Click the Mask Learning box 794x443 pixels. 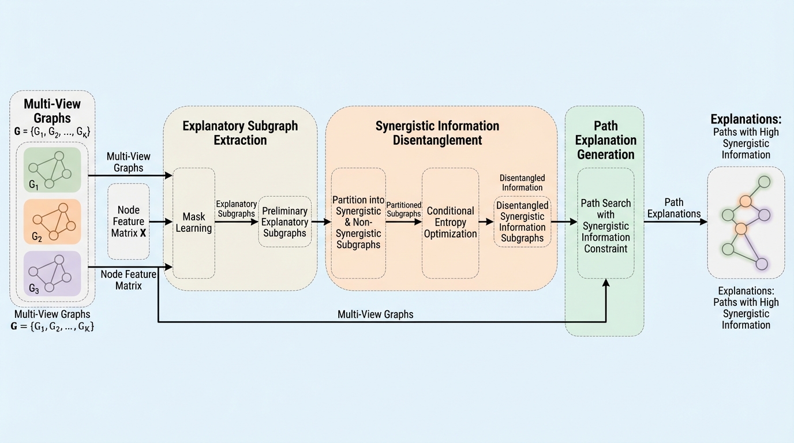[194, 223]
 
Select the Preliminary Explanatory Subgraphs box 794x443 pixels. [284, 222]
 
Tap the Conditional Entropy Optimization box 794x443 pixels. [450, 222]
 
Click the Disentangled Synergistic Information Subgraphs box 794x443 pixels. [522, 221]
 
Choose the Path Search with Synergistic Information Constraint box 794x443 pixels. [605, 226]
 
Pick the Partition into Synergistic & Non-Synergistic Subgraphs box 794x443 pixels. [358, 222]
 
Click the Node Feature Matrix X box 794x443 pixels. [129, 221]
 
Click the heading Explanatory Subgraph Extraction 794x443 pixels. [240, 133]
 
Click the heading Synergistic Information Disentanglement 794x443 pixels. [437, 133]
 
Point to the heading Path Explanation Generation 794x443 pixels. [605, 140]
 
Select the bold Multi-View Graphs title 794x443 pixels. [52, 111]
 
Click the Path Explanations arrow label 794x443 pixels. [673, 208]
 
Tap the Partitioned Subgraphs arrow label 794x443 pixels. [403, 209]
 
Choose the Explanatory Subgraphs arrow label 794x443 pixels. [236, 209]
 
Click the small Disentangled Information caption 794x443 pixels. [522, 182]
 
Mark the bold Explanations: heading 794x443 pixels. [746, 119]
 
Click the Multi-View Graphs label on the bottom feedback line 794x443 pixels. [376, 314]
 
